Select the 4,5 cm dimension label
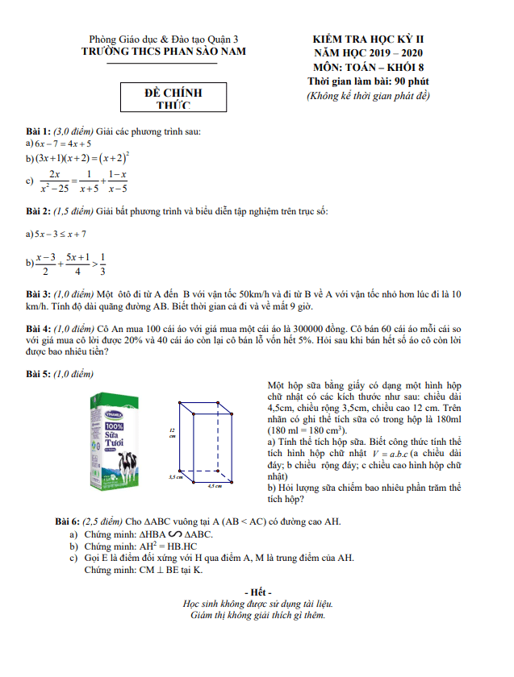tap(215, 486)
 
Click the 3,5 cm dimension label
tap(175, 477)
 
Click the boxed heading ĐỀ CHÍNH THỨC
tap(173, 98)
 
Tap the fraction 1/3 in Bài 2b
tap(102, 264)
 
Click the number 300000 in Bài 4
tap(299, 329)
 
